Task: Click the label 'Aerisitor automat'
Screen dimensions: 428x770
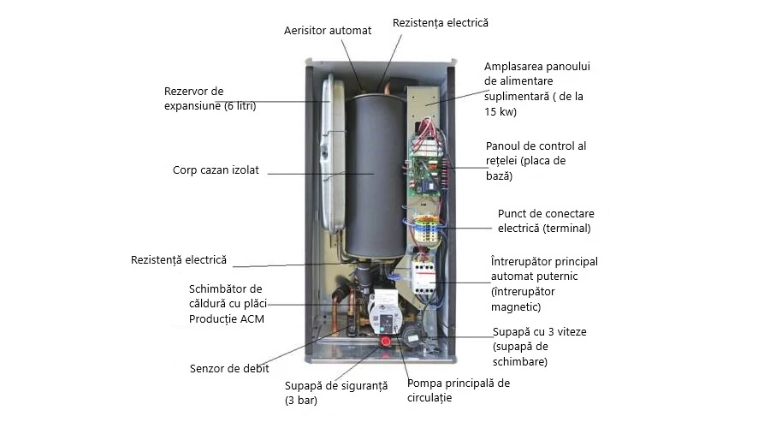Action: [328, 31]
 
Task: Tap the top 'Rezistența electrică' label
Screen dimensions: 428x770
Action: [440, 22]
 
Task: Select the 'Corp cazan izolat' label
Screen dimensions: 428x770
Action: [216, 170]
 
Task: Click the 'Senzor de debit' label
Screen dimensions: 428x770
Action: [229, 369]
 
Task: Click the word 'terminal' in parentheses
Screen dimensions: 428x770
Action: [565, 229]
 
